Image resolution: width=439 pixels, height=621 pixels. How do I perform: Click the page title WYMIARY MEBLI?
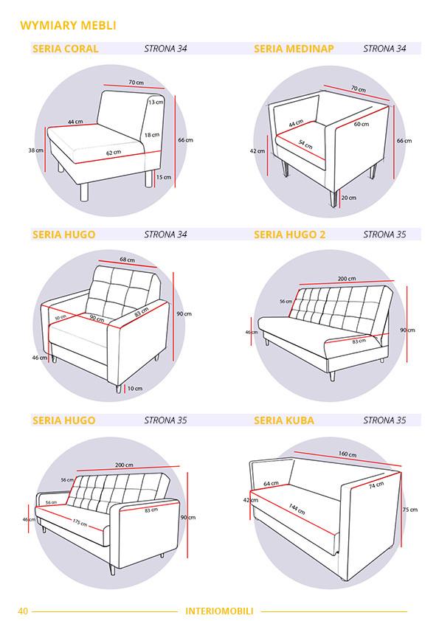pyautogui.click(x=68, y=25)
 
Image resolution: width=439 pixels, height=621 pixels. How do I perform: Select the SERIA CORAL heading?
pyautogui.click(x=66, y=49)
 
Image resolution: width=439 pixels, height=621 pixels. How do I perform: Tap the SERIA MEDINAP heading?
pyautogui.click(x=294, y=49)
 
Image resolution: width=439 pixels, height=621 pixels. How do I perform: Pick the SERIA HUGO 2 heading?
pyautogui.click(x=290, y=235)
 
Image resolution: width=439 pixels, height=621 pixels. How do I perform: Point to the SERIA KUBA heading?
pyautogui.click(x=284, y=420)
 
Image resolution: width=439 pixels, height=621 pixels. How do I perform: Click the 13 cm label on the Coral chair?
pyautogui.click(x=156, y=102)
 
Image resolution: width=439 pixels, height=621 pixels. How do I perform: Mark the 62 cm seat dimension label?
pyautogui.click(x=114, y=153)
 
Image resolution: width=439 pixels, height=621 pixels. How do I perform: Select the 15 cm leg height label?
pyautogui.click(x=164, y=177)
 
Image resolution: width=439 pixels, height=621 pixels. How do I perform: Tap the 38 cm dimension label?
pyautogui.click(x=35, y=150)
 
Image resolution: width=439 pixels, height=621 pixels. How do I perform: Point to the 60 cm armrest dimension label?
pyautogui.click(x=362, y=124)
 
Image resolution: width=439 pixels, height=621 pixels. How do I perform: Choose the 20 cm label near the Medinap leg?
pyautogui.click(x=349, y=197)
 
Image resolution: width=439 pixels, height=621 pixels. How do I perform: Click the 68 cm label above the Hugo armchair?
pyautogui.click(x=127, y=260)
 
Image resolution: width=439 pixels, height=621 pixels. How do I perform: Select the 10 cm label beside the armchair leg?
pyautogui.click(x=135, y=389)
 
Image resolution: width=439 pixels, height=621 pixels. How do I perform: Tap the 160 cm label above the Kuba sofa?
pyautogui.click(x=347, y=454)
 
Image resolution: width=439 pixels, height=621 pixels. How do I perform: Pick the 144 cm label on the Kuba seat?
pyautogui.click(x=297, y=509)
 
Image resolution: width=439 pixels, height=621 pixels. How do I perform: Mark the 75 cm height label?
pyautogui.click(x=410, y=510)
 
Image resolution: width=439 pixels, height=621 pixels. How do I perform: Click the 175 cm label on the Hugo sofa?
pyautogui.click(x=80, y=523)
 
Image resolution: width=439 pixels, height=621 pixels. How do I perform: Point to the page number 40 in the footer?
pyautogui.click(x=23, y=611)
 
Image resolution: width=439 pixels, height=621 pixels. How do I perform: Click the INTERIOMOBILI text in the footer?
pyautogui.click(x=219, y=611)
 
